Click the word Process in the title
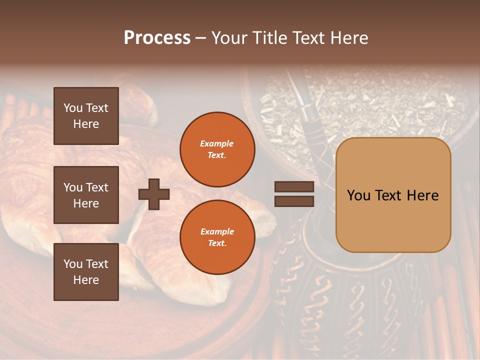pyautogui.click(x=157, y=38)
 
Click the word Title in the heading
pyautogui.click(x=269, y=38)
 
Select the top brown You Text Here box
pyautogui.click(x=86, y=116)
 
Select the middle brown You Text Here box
pyautogui.click(x=86, y=195)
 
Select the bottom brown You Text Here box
pyautogui.click(x=86, y=272)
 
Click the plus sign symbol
pyautogui.click(x=154, y=194)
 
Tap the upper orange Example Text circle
pyautogui.click(x=217, y=149)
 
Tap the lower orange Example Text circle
pyautogui.click(x=217, y=237)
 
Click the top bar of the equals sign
pyautogui.click(x=294, y=187)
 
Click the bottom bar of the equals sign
pyautogui.click(x=294, y=201)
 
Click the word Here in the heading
pyautogui.click(x=348, y=38)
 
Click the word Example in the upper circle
pyautogui.click(x=217, y=143)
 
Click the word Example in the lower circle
pyautogui.click(x=217, y=231)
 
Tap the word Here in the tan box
pyautogui.click(x=422, y=195)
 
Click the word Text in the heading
pyautogui.click(x=308, y=38)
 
